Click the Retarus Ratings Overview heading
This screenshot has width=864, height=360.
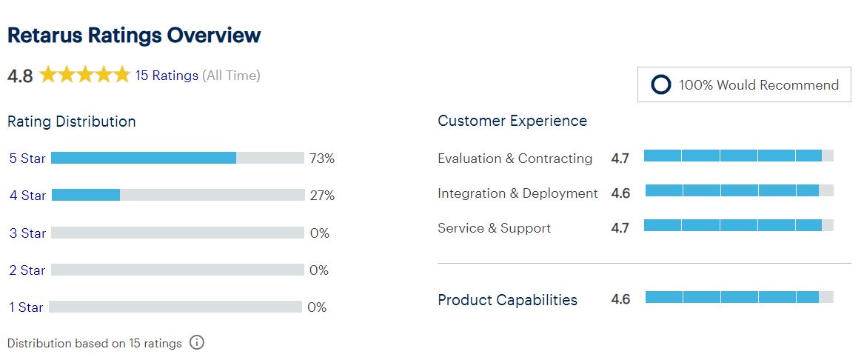click(134, 36)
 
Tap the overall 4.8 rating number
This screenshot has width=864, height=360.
click(21, 76)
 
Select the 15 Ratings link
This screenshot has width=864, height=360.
click(167, 76)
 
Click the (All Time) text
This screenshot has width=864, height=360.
click(232, 76)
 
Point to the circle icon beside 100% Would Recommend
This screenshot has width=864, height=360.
click(660, 85)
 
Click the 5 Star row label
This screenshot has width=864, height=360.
click(27, 159)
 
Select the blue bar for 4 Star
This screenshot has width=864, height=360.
click(85, 195)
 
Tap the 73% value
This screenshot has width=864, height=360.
click(322, 159)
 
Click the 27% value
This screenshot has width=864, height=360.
click(322, 195)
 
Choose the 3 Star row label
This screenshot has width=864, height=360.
click(27, 233)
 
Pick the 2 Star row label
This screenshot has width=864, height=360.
click(27, 270)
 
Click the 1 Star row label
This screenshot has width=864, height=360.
click(26, 307)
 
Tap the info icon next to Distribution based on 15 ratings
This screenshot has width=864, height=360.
click(197, 342)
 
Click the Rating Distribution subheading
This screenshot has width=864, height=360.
click(72, 121)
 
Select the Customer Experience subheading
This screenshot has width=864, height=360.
click(512, 121)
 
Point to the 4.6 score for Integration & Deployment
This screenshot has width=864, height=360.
click(620, 193)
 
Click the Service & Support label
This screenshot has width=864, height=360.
click(495, 228)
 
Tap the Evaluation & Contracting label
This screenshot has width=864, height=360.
click(515, 159)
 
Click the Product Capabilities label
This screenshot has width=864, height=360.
click(507, 300)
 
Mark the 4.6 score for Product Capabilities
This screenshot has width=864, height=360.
click(620, 299)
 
